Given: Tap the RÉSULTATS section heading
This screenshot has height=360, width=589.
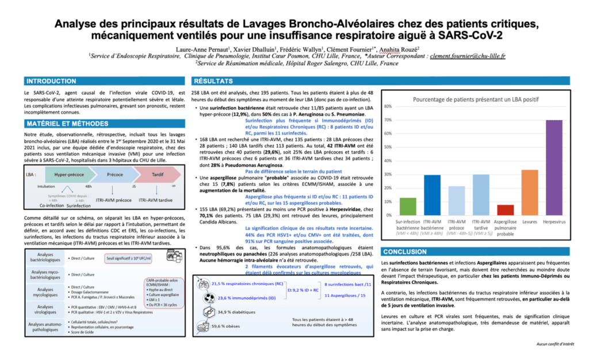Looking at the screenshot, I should pyautogui.click(x=214, y=81).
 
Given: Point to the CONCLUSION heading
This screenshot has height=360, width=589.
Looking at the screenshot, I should pyautogui.click(x=406, y=252).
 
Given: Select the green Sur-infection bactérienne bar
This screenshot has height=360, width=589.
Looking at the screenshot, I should pyautogui.click(x=407, y=206).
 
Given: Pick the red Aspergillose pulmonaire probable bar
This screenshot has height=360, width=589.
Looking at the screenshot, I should pyautogui.click(x=505, y=209).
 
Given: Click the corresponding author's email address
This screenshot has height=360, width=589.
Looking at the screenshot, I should pyautogui.click(x=468, y=56).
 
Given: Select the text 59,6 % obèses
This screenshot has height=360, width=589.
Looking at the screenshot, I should pyautogui.click(x=229, y=326).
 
